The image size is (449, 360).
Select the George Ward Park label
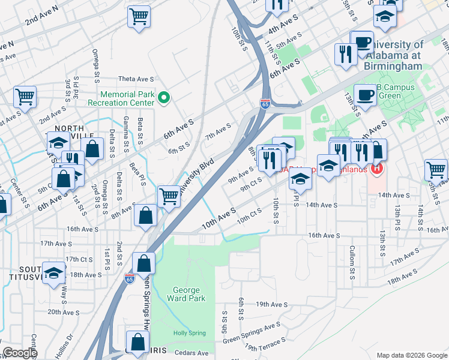point(190,293)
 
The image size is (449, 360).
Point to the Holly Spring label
point(189,334)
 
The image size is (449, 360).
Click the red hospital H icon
point(376,169)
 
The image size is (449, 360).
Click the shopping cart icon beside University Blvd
point(169,195)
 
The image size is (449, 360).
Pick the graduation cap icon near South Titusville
point(54,272)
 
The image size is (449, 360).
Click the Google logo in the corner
point(20,353)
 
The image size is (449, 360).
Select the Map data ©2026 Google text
point(411,355)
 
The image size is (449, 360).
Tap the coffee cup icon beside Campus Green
point(364,94)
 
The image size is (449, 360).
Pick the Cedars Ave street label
point(194,353)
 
